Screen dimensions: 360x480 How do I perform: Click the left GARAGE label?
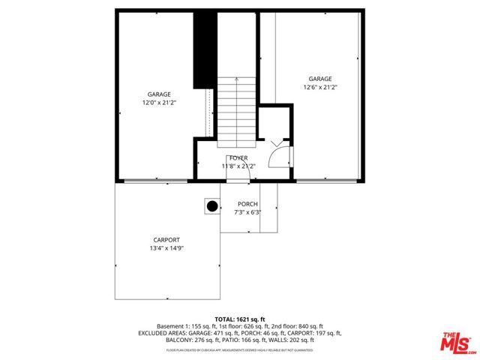158,94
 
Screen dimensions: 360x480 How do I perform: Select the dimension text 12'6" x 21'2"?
320,87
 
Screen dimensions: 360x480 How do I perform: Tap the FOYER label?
238,157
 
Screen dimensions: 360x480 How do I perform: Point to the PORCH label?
247,204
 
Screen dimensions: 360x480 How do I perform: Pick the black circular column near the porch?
212,206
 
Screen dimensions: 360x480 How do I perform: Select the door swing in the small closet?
277,154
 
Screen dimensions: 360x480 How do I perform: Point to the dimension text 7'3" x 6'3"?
247,212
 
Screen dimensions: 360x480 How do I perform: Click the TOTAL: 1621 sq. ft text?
239,319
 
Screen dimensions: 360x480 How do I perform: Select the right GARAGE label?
320,79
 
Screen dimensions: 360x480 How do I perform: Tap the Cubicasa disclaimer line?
239,349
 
